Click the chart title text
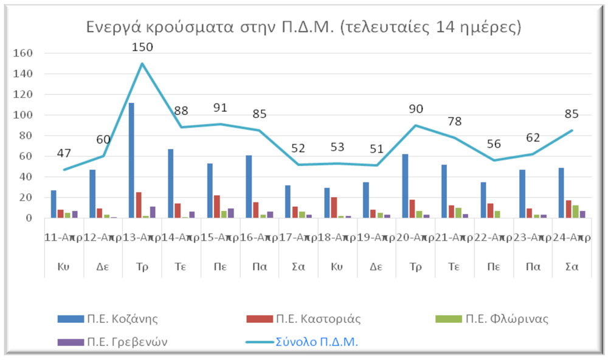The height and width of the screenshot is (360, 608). tap(303, 27)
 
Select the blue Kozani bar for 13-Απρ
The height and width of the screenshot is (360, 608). tap(131, 161)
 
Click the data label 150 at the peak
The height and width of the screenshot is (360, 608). tap(143, 47)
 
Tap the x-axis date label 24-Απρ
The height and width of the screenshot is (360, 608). tap(572, 238)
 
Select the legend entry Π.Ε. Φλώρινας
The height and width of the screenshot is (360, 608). tap(506, 319)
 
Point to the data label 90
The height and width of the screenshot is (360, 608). tap(416, 109)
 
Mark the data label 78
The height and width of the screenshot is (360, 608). tap(455, 121)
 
